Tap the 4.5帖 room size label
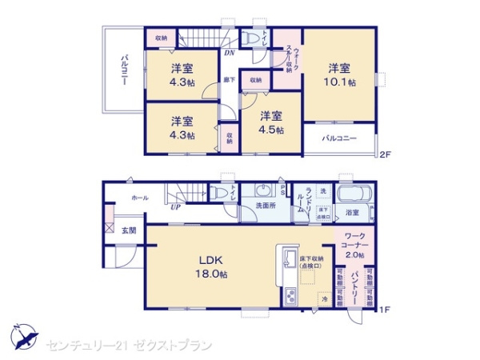point(269,130)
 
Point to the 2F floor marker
point(385,154)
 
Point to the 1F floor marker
point(385,309)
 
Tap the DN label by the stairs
point(228,53)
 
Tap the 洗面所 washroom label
point(266,206)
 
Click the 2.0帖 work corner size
point(354,254)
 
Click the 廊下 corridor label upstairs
point(230,80)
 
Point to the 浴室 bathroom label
point(352,213)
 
